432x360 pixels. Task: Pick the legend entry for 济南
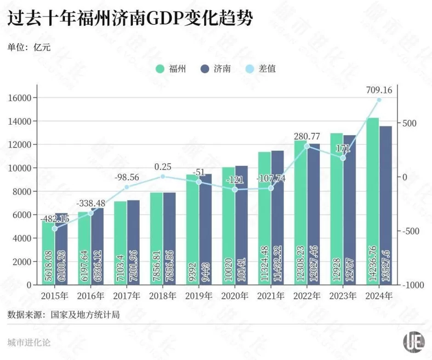coord(216,69)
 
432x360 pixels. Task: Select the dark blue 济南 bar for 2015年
coord(61,249)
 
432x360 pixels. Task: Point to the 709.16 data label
coord(379,90)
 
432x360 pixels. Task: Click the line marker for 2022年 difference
coord(307,146)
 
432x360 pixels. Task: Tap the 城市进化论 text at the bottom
coord(29,343)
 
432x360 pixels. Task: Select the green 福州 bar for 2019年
coord(193,229)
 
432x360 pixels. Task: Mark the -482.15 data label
coord(55,218)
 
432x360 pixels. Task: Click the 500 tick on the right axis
coord(410,123)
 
